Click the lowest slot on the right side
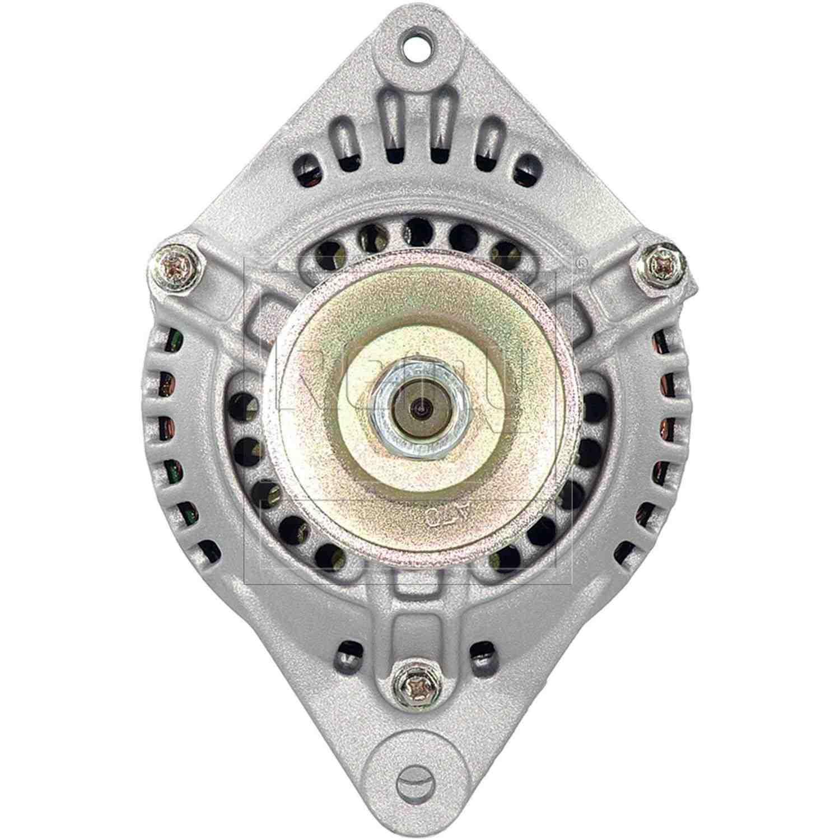[x=624, y=553]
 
